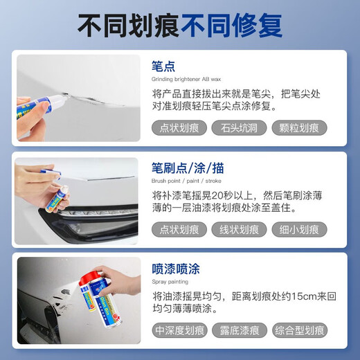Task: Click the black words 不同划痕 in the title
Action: click(x=128, y=26)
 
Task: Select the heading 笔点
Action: click(x=163, y=66)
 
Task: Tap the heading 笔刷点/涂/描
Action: click(x=188, y=168)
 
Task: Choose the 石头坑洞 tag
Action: click(x=239, y=127)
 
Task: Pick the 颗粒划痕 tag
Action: click(x=299, y=127)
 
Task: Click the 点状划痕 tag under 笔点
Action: click(x=179, y=127)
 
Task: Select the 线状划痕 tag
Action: click(x=239, y=229)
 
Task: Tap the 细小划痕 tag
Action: click(x=299, y=229)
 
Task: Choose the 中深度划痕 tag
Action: click(x=180, y=331)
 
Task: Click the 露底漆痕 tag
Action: click(x=239, y=331)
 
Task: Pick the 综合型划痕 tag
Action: click(x=299, y=331)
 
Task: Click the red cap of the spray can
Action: click(x=89, y=278)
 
